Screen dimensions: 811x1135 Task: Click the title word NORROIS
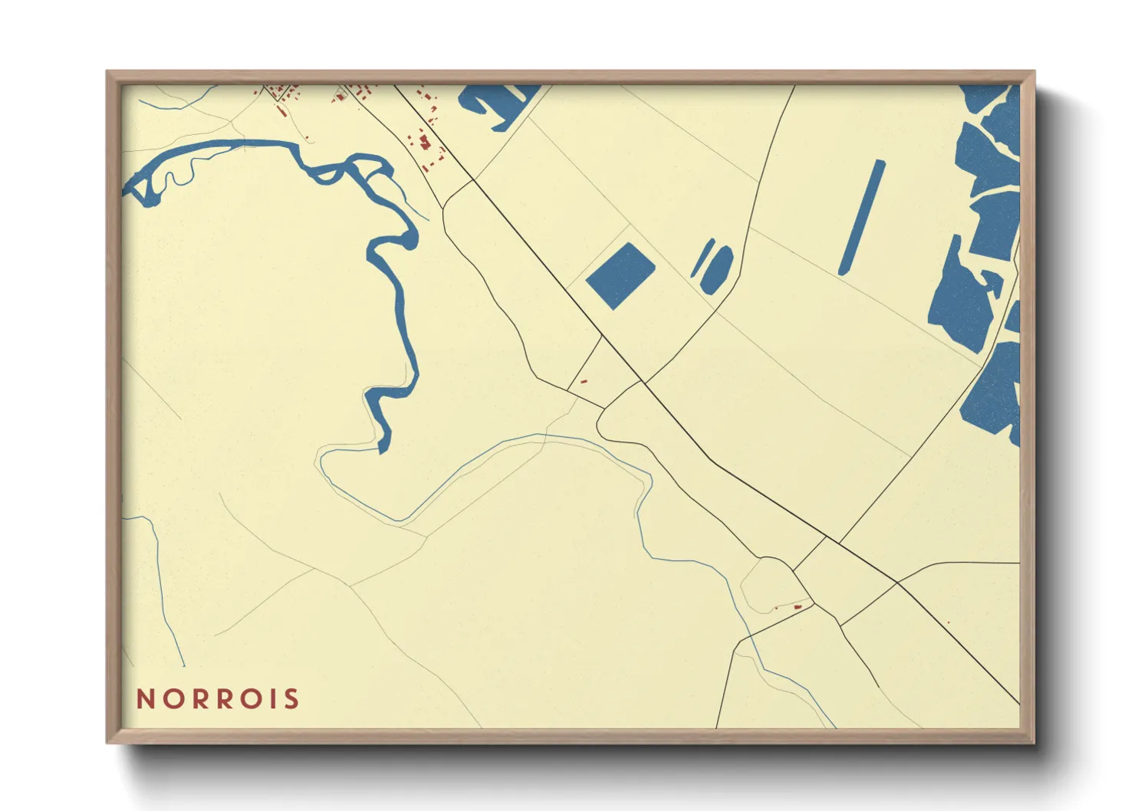coord(218,699)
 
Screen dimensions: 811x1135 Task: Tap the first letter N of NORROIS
coord(145,699)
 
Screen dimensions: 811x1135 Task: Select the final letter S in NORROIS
coord(291,699)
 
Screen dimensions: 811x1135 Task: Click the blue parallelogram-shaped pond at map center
coord(620,276)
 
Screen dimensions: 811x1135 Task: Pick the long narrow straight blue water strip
coord(862,217)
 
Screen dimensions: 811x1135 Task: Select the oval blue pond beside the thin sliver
coord(717,269)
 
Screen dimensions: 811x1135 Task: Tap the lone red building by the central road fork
coord(584,381)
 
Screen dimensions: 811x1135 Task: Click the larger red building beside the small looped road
coord(798,607)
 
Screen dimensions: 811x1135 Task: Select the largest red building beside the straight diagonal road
coord(424,142)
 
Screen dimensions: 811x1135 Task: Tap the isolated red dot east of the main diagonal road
coord(949,622)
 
